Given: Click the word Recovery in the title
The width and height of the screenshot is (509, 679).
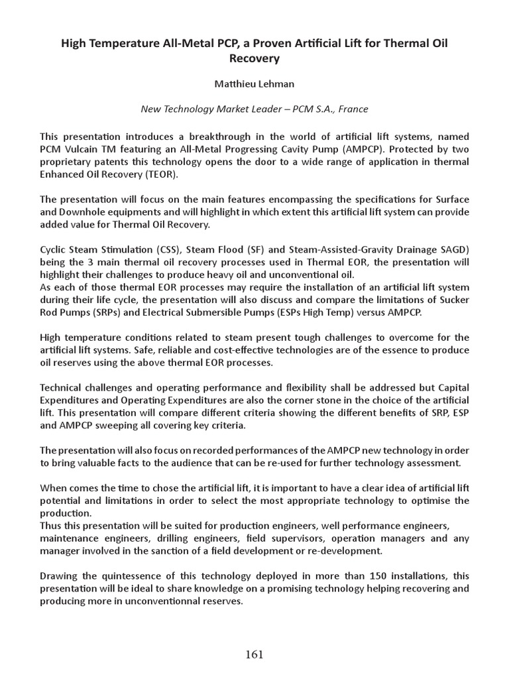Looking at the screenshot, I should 254,58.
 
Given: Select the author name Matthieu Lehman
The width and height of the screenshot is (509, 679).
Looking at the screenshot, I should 254,85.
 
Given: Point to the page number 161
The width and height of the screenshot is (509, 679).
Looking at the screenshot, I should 254,654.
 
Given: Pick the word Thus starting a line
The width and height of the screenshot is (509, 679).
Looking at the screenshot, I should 51,526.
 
